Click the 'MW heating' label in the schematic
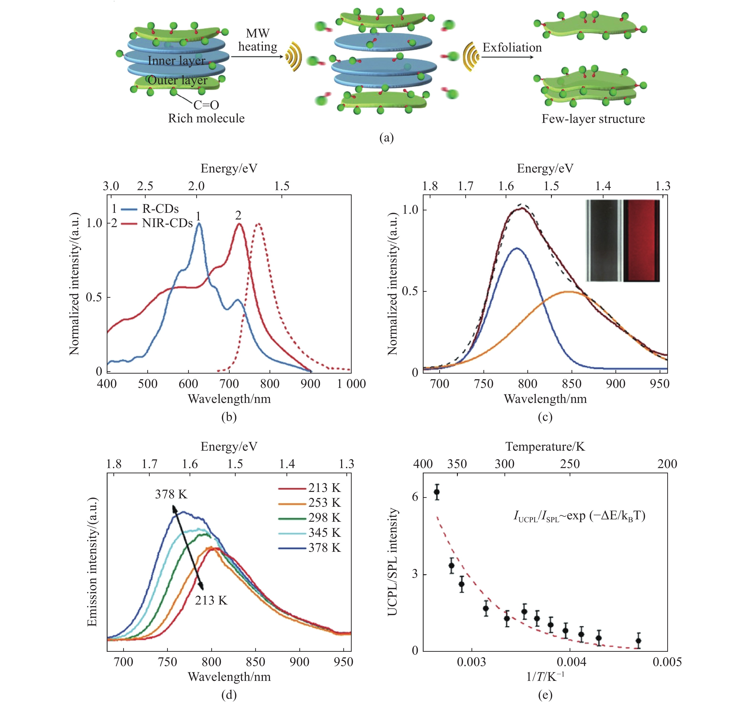(258, 40)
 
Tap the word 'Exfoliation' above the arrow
(512, 48)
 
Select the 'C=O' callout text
(206, 105)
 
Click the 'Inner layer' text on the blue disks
(176, 61)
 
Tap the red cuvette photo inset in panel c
(641, 240)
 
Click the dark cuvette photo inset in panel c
(604, 240)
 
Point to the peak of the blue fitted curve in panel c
(516, 248)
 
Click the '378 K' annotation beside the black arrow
(171, 494)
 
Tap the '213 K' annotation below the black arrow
(211, 600)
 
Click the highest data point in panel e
(437, 492)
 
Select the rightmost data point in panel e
(638, 641)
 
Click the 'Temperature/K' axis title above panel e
(545, 447)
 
